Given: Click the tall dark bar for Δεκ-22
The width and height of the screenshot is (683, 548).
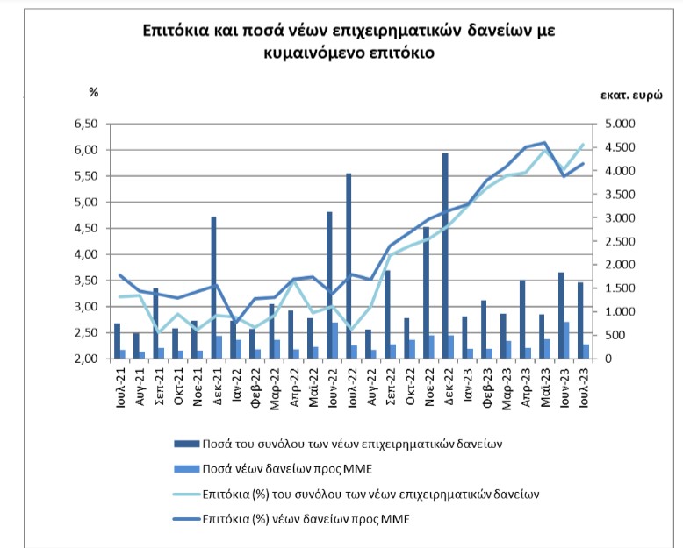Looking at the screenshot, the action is pyautogui.click(x=445, y=256).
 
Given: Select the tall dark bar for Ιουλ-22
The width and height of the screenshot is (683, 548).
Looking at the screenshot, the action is pyautogui.click(x=349, y=267).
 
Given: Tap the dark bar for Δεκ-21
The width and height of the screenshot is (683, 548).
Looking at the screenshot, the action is pyautogui.click(x=213, y=288).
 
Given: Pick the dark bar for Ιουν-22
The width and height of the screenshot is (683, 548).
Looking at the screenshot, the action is pyautogui.click(x=329, y=285).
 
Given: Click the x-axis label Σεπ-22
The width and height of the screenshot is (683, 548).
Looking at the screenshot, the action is pyautogui.click(x=392, y=387).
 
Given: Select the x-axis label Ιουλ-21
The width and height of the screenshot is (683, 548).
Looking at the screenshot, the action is pyautogui.click(x=120, y=388).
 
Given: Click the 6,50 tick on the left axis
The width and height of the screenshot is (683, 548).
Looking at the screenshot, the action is pyautogui.click(x=86, y=124).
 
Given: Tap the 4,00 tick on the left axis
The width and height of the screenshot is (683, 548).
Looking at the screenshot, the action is pyautogui.click(x=86, y=254).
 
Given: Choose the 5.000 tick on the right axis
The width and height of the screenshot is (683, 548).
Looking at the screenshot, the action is pyautogui.click(x=621, y=124).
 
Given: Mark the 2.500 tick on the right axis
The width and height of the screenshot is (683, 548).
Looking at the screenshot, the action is pyautogui.click(x=621, y=241).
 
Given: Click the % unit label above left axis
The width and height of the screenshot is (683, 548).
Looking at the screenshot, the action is pyautogui.click(x=94, y=92).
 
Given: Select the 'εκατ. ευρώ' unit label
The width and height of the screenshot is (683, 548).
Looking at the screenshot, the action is pyautogui.click(x=631, y=96).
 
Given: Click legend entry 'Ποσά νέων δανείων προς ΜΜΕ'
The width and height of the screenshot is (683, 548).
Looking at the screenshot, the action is pyautogui.click(x=273, y=469).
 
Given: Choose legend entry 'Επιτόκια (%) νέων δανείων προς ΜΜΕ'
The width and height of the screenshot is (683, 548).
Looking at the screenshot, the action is pyautogui.click(x=291, y=519).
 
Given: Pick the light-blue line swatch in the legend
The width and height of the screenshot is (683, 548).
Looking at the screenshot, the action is pyautogui.click(x=186, y=495).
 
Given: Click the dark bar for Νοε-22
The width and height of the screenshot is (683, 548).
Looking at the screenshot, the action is pyautogui.click(x=426, y=293).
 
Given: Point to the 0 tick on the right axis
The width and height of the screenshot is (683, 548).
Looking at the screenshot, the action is pyautogui.click(x=608, y=359).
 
